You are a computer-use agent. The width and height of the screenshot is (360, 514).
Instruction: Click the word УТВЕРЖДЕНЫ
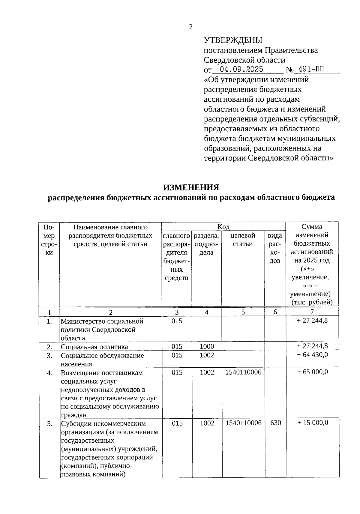233,40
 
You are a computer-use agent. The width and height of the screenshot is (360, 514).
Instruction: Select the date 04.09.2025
241,70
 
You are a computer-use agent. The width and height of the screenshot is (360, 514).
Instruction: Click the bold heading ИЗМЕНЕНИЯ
191,187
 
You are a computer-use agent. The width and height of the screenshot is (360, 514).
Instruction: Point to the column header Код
223,227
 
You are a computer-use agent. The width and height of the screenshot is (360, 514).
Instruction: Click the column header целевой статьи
243,240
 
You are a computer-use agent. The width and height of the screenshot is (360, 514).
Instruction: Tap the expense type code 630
275,423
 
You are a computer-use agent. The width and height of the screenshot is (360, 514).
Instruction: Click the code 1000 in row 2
207,347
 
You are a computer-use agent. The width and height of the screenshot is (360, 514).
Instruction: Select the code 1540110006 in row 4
243,372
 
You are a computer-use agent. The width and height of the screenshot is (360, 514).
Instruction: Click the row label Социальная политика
94,347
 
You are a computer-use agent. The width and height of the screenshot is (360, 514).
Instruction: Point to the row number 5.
49,424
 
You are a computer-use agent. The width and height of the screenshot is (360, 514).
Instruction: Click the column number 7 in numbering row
312,312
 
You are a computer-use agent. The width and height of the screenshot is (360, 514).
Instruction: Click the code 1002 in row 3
207,355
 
